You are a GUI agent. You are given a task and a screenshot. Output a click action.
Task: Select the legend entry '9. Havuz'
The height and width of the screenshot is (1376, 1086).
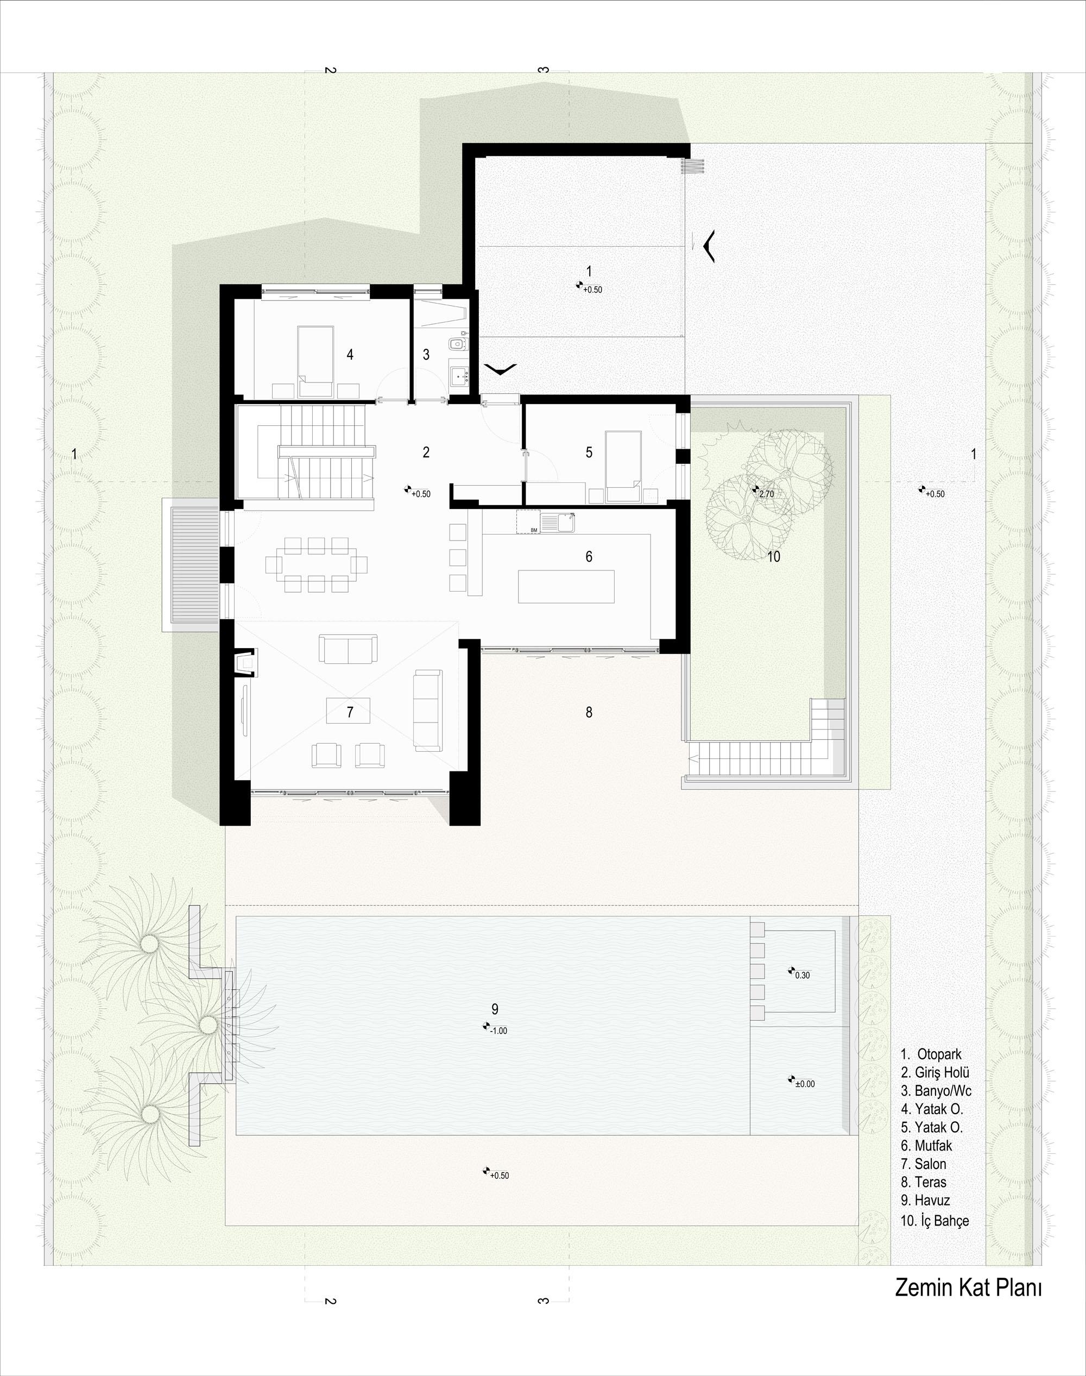[925, 1201]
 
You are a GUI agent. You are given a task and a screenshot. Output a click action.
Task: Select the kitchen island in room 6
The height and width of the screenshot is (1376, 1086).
[566, 587]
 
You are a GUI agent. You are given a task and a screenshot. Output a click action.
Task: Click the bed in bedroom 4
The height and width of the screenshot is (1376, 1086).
[316, 361]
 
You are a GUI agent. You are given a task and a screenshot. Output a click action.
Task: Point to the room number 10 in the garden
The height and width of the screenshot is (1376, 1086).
[773, 557]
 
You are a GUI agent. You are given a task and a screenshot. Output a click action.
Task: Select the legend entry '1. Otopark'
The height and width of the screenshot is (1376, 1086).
[931, 1054]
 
